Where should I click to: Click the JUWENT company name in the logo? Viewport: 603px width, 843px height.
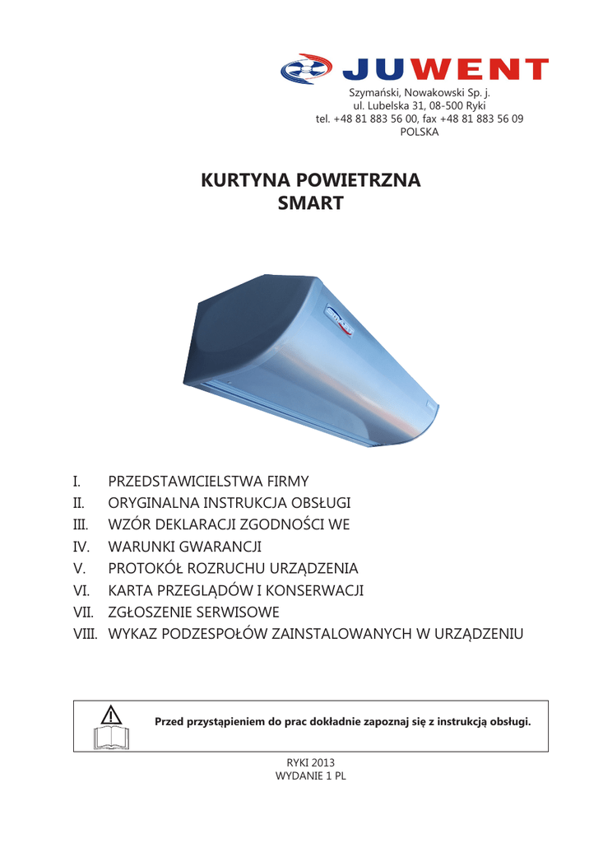click(x=444, y=70)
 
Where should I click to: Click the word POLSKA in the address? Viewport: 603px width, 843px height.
click(x=420, y=132)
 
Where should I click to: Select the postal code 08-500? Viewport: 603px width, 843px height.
click(x=446, y=106)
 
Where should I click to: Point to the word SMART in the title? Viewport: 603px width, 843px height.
click(x=310, y=203)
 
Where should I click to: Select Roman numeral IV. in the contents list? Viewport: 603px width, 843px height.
click(x=81, y=547)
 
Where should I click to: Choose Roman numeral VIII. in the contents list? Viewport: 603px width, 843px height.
click(x=85, y=635)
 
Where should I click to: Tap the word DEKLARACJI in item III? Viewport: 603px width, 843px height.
click(x=191, y=524)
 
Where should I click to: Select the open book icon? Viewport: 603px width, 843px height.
click(x=111, y=737)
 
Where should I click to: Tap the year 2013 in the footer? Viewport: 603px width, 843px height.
click(x=322, y=763)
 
